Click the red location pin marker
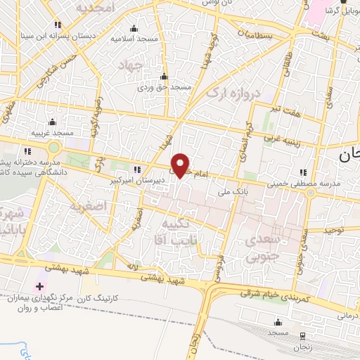tap(181, 165)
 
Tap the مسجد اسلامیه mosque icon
tap(134, 28)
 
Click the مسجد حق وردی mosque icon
tap(165, 77)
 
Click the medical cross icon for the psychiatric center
tap(40, 286)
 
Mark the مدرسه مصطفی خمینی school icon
tap(304, 172)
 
